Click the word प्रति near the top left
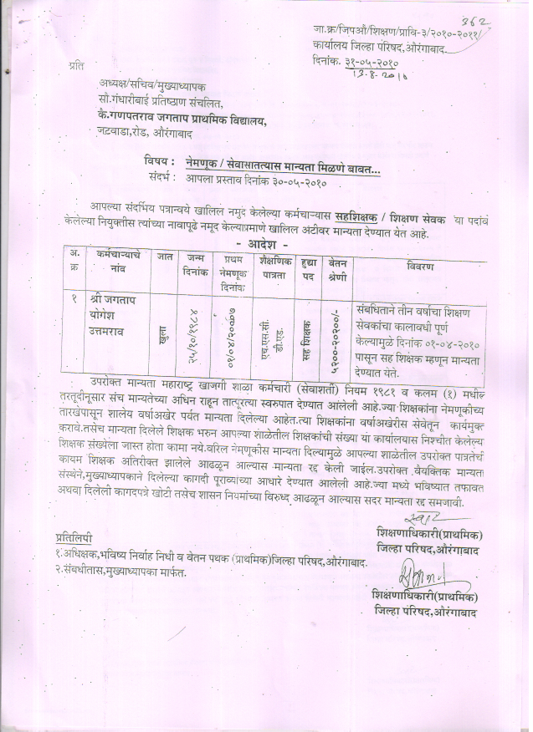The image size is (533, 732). click(x=76, y=64)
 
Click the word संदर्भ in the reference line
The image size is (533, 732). click(x=157, y=176)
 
